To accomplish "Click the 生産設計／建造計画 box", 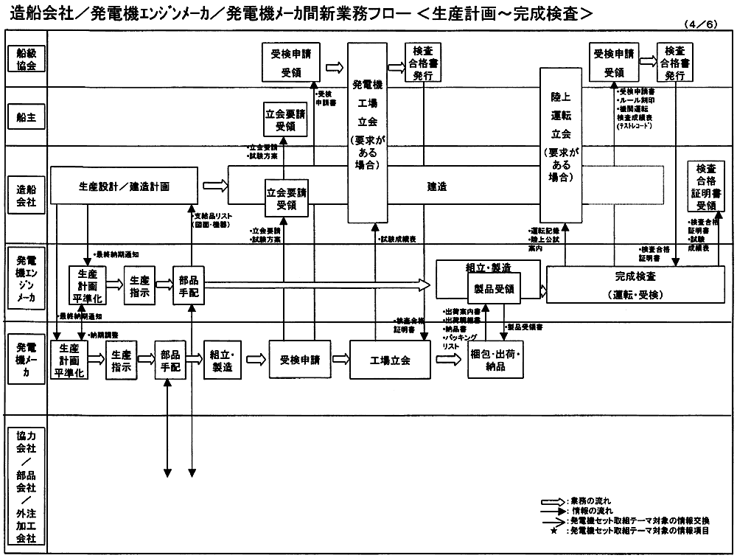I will pos(123,186).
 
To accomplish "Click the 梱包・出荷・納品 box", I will pos(495,360).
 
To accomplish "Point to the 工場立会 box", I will pos(389,360).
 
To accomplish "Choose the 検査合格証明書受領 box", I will pos(706,187).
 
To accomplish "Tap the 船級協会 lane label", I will pos(26,58).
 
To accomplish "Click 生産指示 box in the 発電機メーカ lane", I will pos(122,360).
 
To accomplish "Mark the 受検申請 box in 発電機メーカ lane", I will pos(299,360).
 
